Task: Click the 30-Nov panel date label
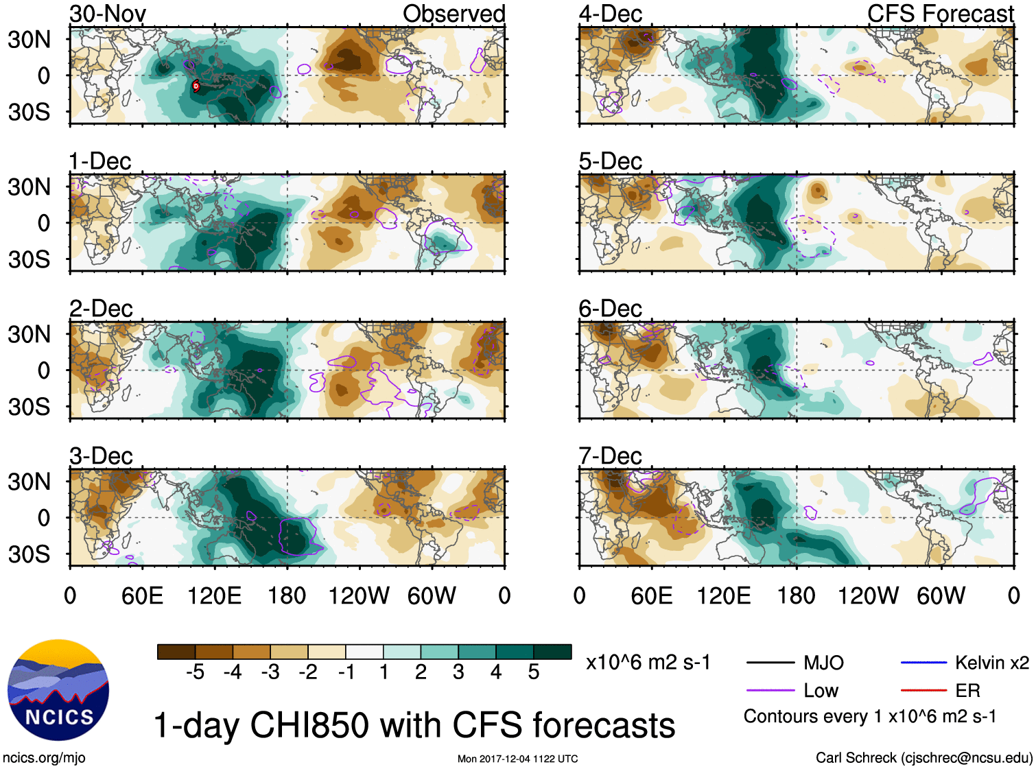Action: [x=108, y=14]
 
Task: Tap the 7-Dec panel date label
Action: [x=610, y=456]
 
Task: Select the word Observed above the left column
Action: [x=454, y=14]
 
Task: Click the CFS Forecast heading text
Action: [x=940, y=14]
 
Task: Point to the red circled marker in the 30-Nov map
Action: [x=196, y=86]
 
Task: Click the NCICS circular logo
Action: [x=58, y=690]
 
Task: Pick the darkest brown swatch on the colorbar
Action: [x=176, y=652]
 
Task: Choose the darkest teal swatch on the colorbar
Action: [x=552, y=652]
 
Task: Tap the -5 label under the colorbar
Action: [x=195, y=672]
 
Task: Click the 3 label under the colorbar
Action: [x=458, y=672]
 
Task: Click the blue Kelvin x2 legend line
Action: [x=923, y=663]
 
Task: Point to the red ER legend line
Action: [x=923, y=690]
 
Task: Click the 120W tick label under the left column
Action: [x=359, y=595]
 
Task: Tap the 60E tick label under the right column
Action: [x=651, y=595]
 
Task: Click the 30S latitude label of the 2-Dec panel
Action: [x=29, y=407]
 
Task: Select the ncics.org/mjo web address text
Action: [x=44, y=758]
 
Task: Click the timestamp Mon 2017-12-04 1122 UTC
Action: [x=517, y=759]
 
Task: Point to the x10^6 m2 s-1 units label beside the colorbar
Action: [x=648, y=663]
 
